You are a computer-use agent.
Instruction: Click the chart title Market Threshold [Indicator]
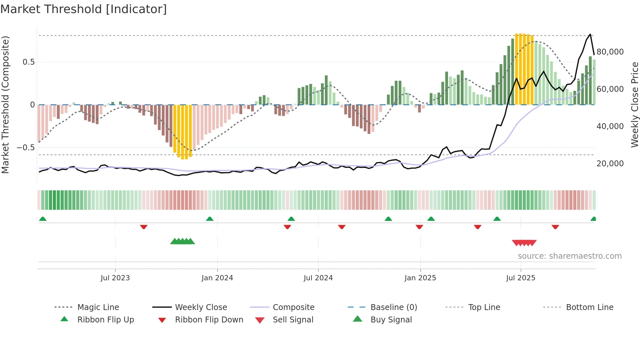coord(84,9)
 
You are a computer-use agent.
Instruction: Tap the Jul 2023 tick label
coord(115,278)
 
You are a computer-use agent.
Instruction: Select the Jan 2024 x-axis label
coord(217,278)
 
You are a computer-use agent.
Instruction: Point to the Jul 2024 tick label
coord(318,278)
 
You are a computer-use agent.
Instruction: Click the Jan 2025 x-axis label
coord(420,278)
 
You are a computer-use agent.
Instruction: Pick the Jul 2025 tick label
coord(520,278)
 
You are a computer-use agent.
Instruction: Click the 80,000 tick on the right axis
coord(610,52)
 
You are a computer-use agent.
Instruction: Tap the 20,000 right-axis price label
coord(610,164)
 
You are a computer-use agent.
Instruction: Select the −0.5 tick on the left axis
coord(25,148)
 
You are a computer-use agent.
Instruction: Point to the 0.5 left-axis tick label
coord(28,62)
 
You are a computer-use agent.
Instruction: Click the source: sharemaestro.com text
coord(569,256)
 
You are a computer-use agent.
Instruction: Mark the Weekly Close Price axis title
coord(634,105)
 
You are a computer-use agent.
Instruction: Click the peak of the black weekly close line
coord(590,34)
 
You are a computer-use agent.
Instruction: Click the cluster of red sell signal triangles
coord(524,243)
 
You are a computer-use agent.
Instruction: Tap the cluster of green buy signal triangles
coord(183,241)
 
